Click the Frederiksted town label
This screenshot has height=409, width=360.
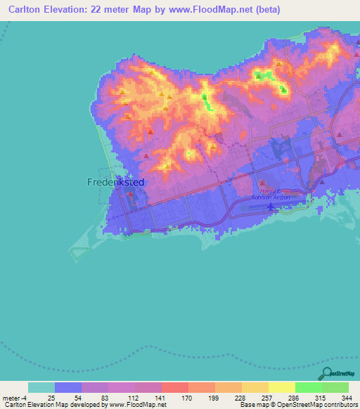[x=116, y=181]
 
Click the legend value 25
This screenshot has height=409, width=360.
[x=51, y=397]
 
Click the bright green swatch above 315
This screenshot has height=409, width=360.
[x=308, y=387]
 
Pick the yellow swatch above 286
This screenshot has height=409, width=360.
[x=281, y=387]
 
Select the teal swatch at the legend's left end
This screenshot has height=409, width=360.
[x=41, y=387]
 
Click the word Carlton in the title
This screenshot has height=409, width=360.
[x=23, y=9]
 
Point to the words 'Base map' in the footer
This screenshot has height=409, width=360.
[x=252, y=405]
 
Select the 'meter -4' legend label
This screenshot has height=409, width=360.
[x=13, y=397]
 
